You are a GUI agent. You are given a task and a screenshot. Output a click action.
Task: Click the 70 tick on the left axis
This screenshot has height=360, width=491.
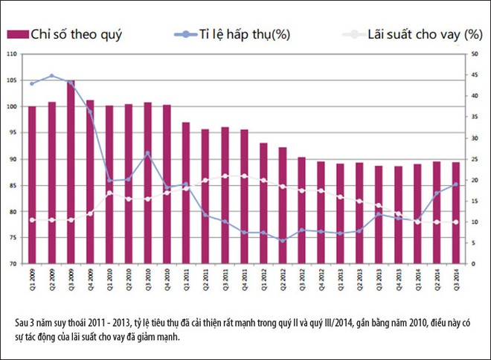click(12, 264)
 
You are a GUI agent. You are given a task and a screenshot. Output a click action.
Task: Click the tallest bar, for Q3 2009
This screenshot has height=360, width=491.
click(71, 171)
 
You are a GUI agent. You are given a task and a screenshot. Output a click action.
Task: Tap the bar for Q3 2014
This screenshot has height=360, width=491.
click(456, 212)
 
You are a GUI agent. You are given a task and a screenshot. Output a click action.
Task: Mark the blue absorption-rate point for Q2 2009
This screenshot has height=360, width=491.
click(51, 76)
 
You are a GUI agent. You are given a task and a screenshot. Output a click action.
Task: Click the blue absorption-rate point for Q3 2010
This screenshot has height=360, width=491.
click(147, 153)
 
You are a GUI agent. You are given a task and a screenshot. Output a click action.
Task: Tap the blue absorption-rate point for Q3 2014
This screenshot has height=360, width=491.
click(456, 184)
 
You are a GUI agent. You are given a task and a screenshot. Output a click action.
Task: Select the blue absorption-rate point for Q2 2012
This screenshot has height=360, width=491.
click(283, 240)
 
